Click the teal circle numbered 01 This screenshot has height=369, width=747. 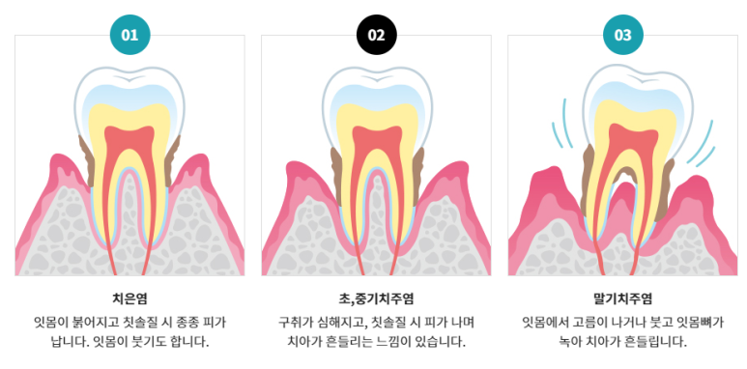[x=129, y=36]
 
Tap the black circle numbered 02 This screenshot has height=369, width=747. [x=376, y=36]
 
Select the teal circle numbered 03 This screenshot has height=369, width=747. [x=622, y=36]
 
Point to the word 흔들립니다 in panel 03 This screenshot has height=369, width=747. [x=655, y=342]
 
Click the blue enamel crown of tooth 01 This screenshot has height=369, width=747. [x=129, y=85]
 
